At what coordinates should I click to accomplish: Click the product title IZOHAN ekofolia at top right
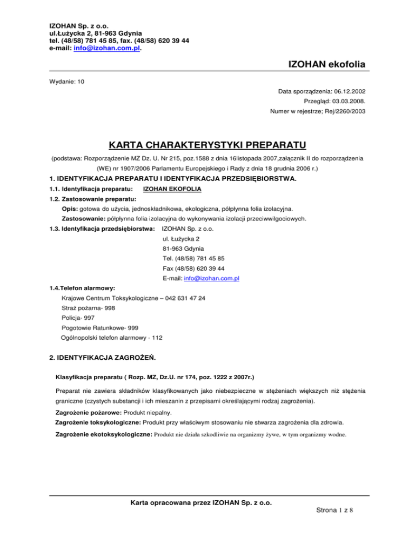coord(323,65)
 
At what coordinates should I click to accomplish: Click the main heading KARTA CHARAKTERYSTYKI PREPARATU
coord(207,145)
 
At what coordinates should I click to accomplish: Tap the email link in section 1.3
coord(212,278)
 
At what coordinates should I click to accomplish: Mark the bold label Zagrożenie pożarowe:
coord(88,412)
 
